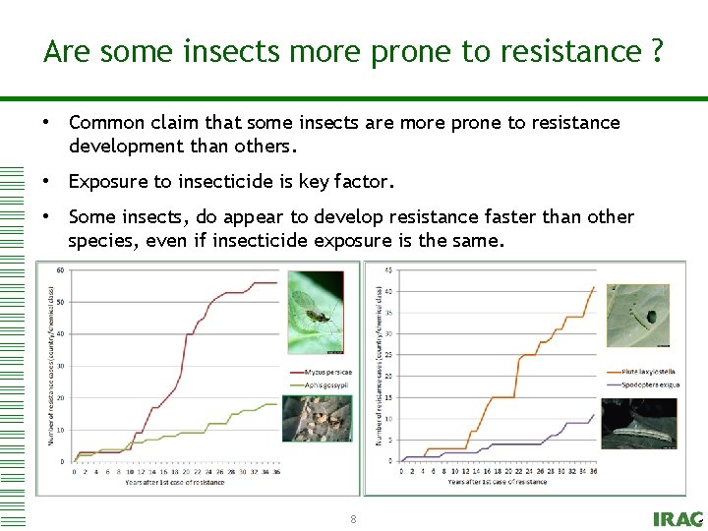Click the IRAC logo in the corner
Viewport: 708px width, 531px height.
click(678, 519)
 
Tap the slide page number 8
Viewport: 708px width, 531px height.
click(353, 518)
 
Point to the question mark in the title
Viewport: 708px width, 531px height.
click(656, 51)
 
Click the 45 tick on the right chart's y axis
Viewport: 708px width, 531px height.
click(388, 271)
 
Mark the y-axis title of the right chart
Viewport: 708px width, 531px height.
click(380, 364)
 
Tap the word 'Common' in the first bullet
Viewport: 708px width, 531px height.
click(106, 123)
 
